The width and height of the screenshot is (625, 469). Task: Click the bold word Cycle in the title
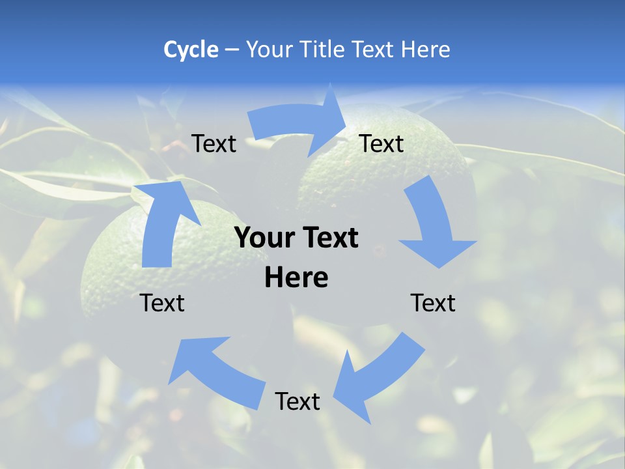click(191, 50)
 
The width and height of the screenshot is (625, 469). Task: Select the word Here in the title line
click(425, 50)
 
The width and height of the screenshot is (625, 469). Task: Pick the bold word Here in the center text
click(296, 278)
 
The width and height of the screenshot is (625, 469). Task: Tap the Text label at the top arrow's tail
click(214, 144)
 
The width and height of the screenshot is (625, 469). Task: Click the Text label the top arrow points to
click(382, 144)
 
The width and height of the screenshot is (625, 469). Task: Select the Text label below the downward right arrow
click(433, 303)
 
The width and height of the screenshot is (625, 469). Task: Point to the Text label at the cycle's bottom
click(298, 401)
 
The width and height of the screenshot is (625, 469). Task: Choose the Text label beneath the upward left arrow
click(162, 303)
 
